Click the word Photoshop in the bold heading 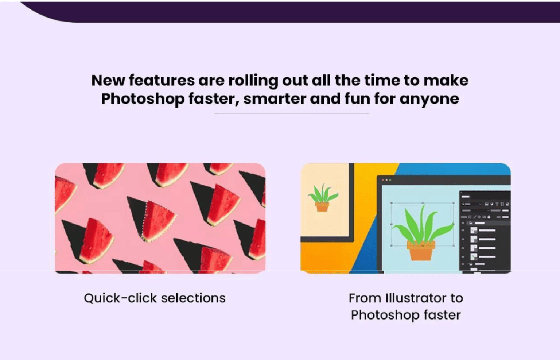pos(143,99)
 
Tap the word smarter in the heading pos(275,98)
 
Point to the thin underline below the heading pos(292,113)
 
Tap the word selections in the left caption pos(193,298)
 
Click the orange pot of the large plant pos(421,251)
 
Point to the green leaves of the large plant pos(423,225)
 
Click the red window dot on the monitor pos(383,180)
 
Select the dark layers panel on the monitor pos(485,231)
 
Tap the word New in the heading pos(108,80)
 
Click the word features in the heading pos(162,80)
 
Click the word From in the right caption pos(365,298)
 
